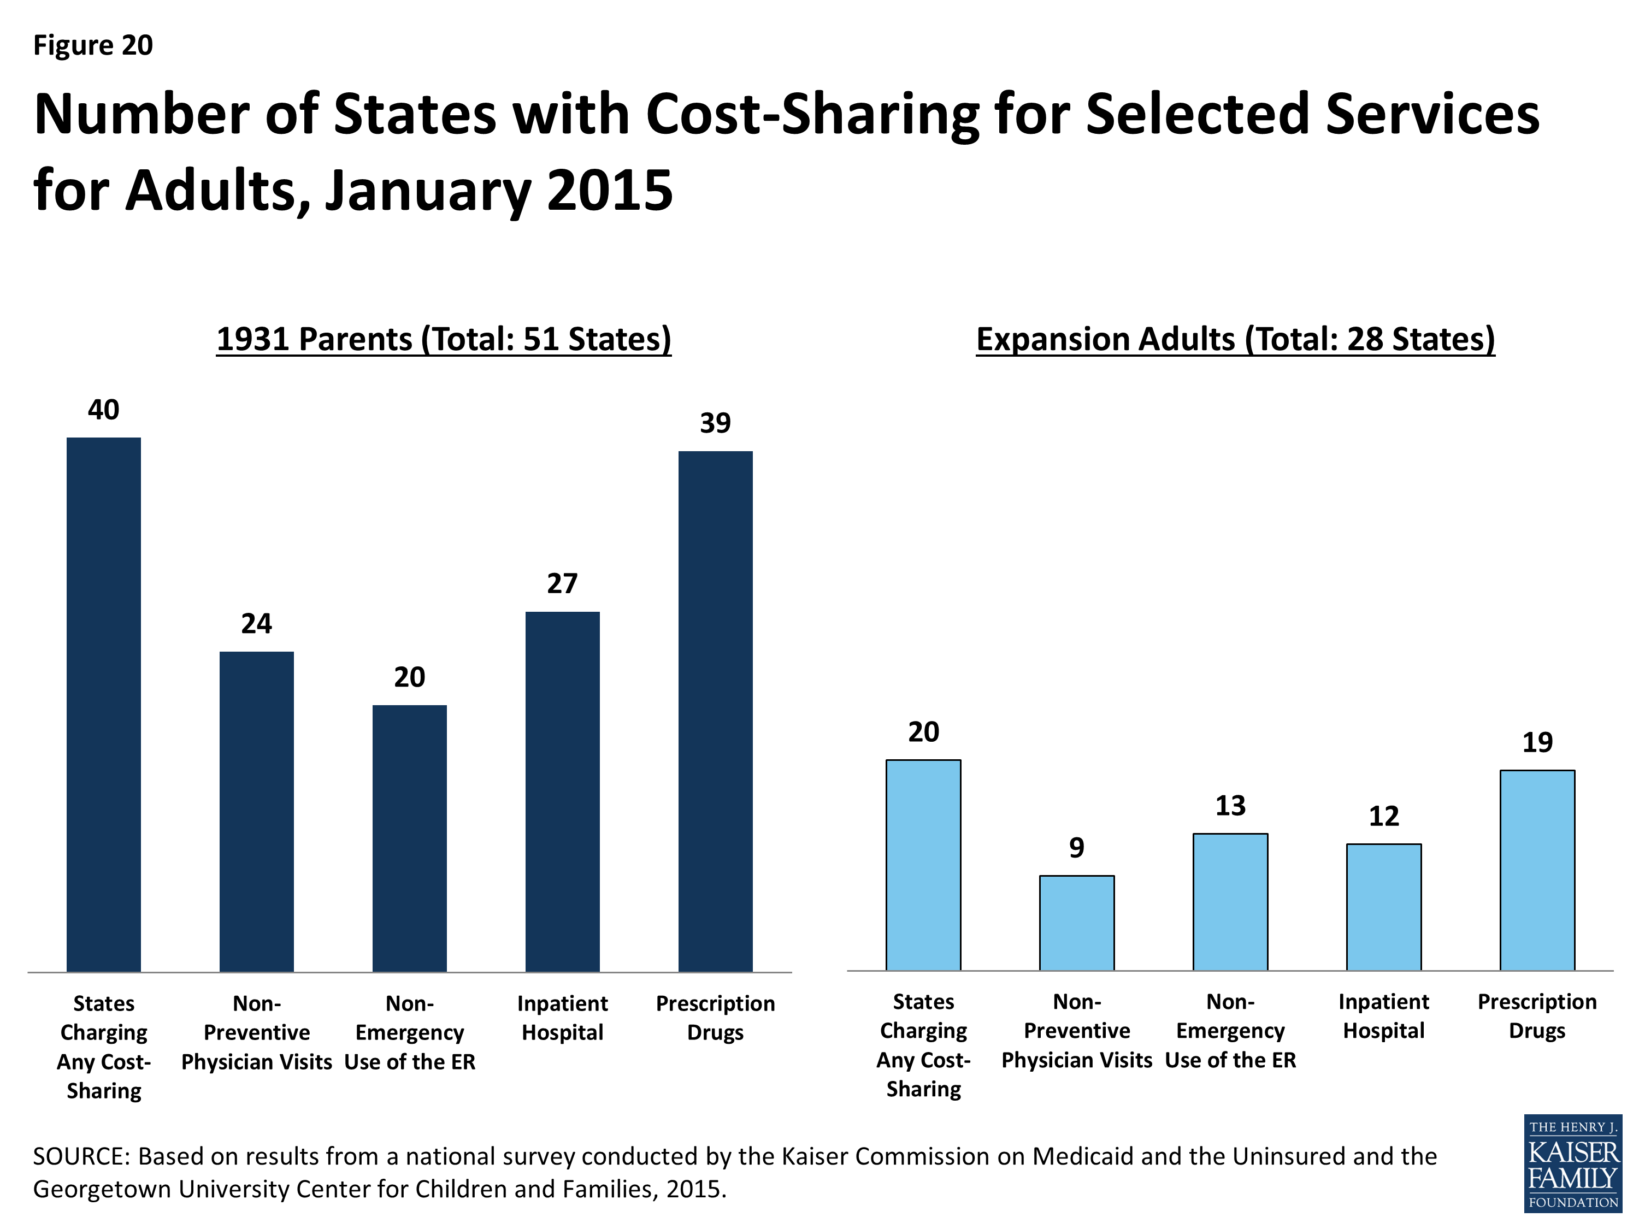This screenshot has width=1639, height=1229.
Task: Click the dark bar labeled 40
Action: [104, 704]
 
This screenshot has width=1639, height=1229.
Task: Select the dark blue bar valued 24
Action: [256, 811]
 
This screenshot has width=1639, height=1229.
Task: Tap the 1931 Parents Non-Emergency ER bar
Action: [410, 838]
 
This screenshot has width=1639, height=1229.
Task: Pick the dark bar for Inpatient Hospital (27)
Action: [562, 791]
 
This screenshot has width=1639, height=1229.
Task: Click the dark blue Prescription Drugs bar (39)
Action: [715, 711]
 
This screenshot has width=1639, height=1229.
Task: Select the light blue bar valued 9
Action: [1077, 923]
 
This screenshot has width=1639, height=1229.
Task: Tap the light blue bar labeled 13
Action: [1230, 902]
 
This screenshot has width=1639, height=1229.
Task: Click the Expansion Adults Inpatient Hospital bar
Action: [1383, 907]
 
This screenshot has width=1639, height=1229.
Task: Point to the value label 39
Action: [715, 423]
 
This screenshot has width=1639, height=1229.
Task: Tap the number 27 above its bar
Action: [562, 584]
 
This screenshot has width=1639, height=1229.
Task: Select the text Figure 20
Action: [93, 45]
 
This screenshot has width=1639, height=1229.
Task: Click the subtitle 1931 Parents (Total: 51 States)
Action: [444, 339]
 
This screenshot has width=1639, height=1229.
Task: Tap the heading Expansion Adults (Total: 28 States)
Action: [1235, 339]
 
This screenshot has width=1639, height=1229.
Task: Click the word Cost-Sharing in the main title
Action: [812, 114]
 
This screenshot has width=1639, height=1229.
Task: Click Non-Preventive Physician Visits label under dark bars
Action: [256, 1033]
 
